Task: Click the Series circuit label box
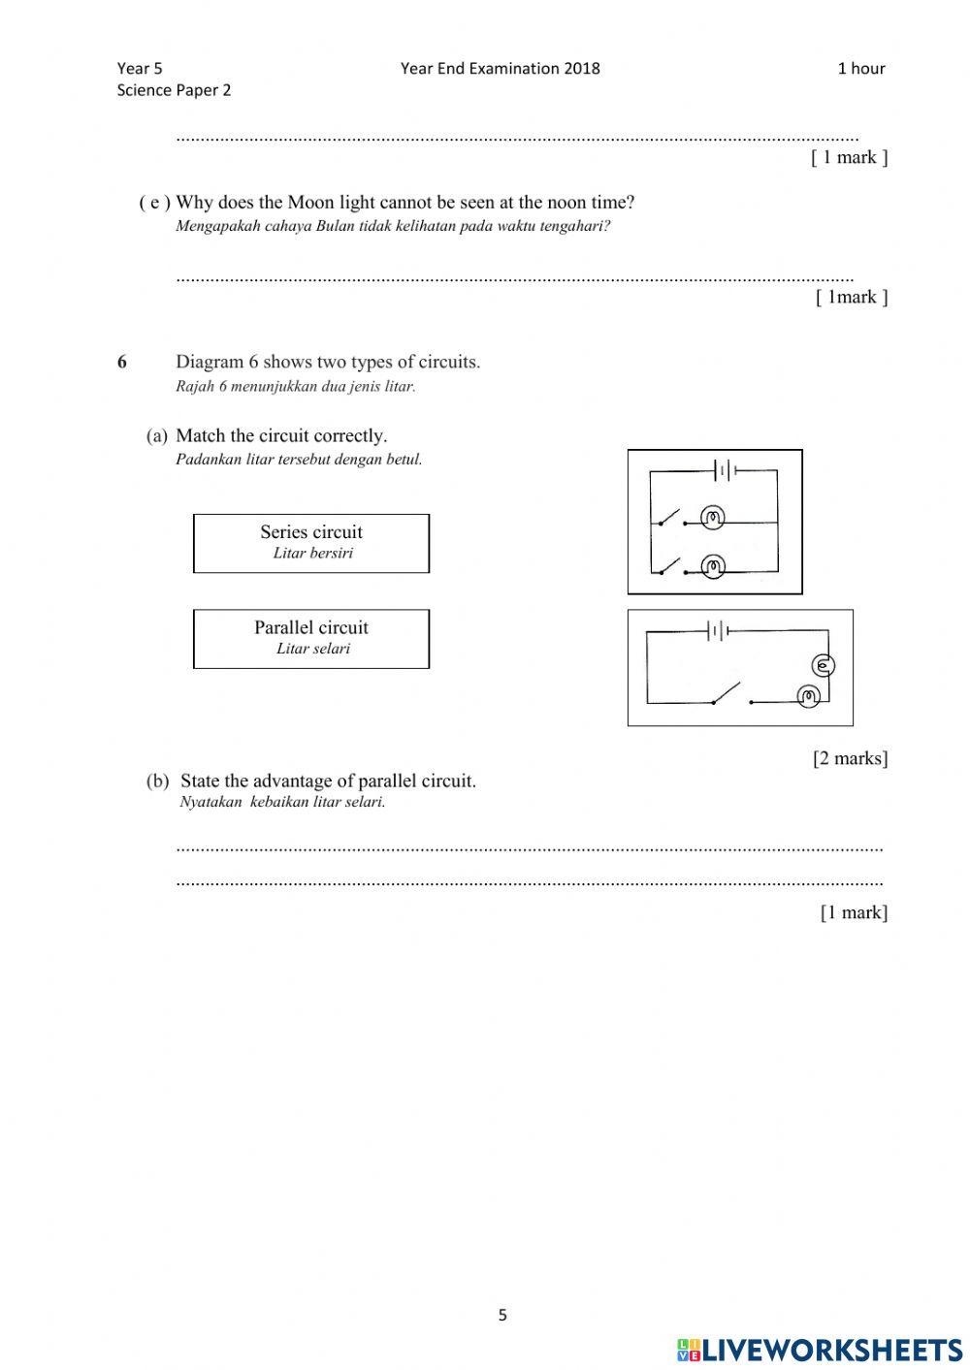(311, 543)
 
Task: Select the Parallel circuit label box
(311, 638)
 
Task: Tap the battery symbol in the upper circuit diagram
(724, 471)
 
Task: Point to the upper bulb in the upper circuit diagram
(714, 518)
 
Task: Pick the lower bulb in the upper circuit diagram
(714, 566)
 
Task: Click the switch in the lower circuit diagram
(726, 693)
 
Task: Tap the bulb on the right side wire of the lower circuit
(824, 665)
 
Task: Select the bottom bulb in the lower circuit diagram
(808, 696)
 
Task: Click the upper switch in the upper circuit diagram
(670, 516)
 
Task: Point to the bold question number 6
(122, 363)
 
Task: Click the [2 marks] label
(850, 758)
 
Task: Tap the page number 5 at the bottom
(502, 1316)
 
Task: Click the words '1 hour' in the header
(860, 68)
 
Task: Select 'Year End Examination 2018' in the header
(500, 68)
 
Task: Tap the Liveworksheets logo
(819, 1350)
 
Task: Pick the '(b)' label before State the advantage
(157, 781)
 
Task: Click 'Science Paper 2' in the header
(174, 90)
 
